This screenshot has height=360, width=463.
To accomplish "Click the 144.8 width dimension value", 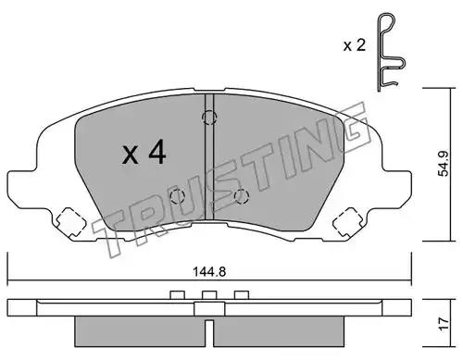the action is tap(209, 272).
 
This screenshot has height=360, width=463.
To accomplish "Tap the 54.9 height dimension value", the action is tap(444, 164).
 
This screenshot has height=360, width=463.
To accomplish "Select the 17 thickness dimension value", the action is tap(444, 324).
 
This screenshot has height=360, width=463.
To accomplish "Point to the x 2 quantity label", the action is tap(355, 45).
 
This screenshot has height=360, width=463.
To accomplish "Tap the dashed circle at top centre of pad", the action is tap(209, 118).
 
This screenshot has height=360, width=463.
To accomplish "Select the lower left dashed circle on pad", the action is tap(177, 196).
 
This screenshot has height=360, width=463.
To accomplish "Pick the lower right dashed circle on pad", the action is tap(242, 196).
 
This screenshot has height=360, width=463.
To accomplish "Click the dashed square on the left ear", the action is tap(70, 222).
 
